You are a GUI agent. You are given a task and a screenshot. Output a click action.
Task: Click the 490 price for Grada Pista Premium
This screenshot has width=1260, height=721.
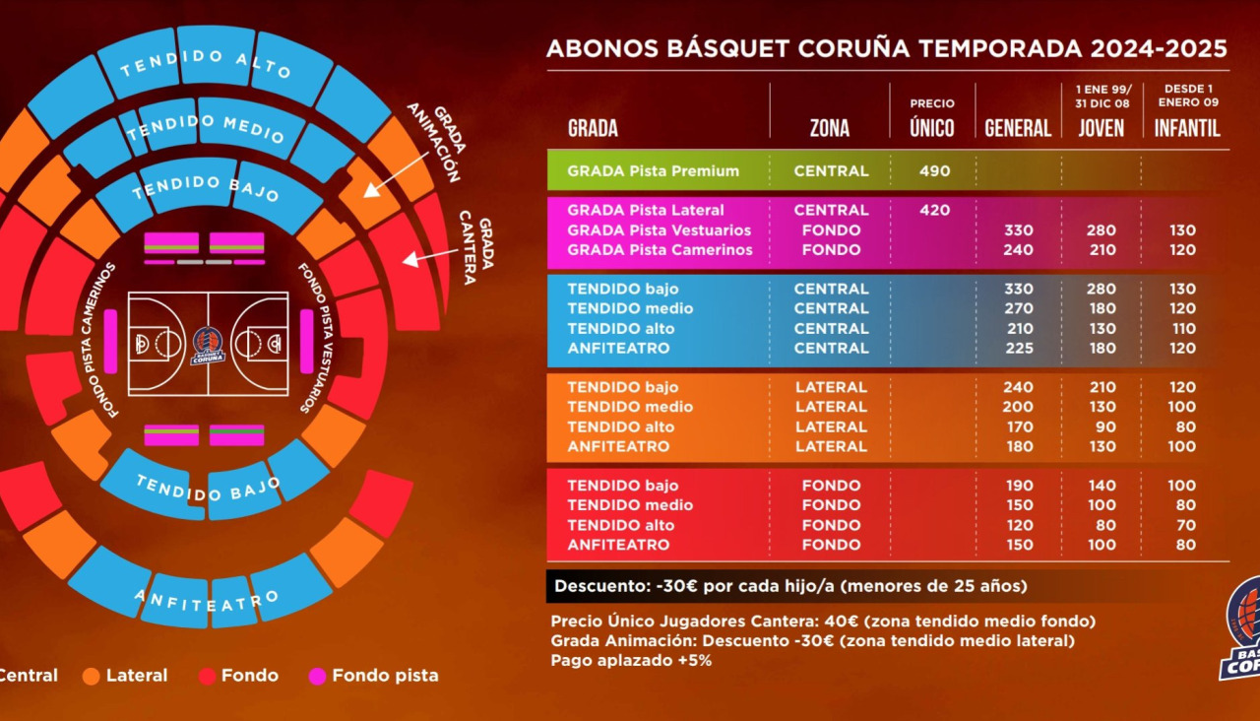pyautogui.click(x=934, y=171)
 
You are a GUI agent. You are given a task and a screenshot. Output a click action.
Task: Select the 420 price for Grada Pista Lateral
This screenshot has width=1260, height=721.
pyautogui.click(x=934, y=210)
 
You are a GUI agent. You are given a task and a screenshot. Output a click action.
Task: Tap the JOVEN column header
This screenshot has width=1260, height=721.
pyautogui.click(x=1101, y=128)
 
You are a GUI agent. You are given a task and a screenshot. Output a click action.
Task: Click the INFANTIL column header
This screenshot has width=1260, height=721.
pyautogui.click(x=1186, y=128)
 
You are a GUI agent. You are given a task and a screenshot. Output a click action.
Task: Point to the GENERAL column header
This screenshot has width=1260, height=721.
pyautogui.click(x=1018, y=128)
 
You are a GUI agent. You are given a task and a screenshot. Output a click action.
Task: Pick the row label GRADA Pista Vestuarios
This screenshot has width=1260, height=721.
pyautogui.click(x=659, y=230)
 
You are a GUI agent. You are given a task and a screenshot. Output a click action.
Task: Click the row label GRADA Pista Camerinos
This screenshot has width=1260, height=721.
pyautogui.click(x=660, y=250)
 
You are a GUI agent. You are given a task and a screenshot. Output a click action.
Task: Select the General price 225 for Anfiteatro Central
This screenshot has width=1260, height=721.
pyautogui.click(x=1018, y=348)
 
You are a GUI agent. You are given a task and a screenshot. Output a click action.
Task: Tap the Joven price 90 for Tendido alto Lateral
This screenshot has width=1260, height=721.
pyautogui.click(x=1101, y=426)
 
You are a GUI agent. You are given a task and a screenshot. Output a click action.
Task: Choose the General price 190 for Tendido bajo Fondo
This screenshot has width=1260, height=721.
pyautogui.click(x=1018, y=486)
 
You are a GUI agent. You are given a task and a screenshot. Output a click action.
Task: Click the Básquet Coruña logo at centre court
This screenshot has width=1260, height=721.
pyautogui.click(x=208, y=345)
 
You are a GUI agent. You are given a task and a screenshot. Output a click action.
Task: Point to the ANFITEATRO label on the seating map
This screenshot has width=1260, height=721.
pyautogui.click(x=207, y=600)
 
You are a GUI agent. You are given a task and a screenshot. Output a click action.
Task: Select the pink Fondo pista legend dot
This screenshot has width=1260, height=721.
pyautogui.click(x=317, y=676)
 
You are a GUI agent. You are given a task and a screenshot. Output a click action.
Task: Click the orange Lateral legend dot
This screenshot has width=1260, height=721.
pyautogui.click(x=92, y=676)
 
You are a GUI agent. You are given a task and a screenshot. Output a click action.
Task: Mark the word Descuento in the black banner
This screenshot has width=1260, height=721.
pyautogui.click(x=599, y=586)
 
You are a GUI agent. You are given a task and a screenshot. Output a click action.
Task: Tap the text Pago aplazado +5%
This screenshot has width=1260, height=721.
pyautogui.click(x=631, y=660)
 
